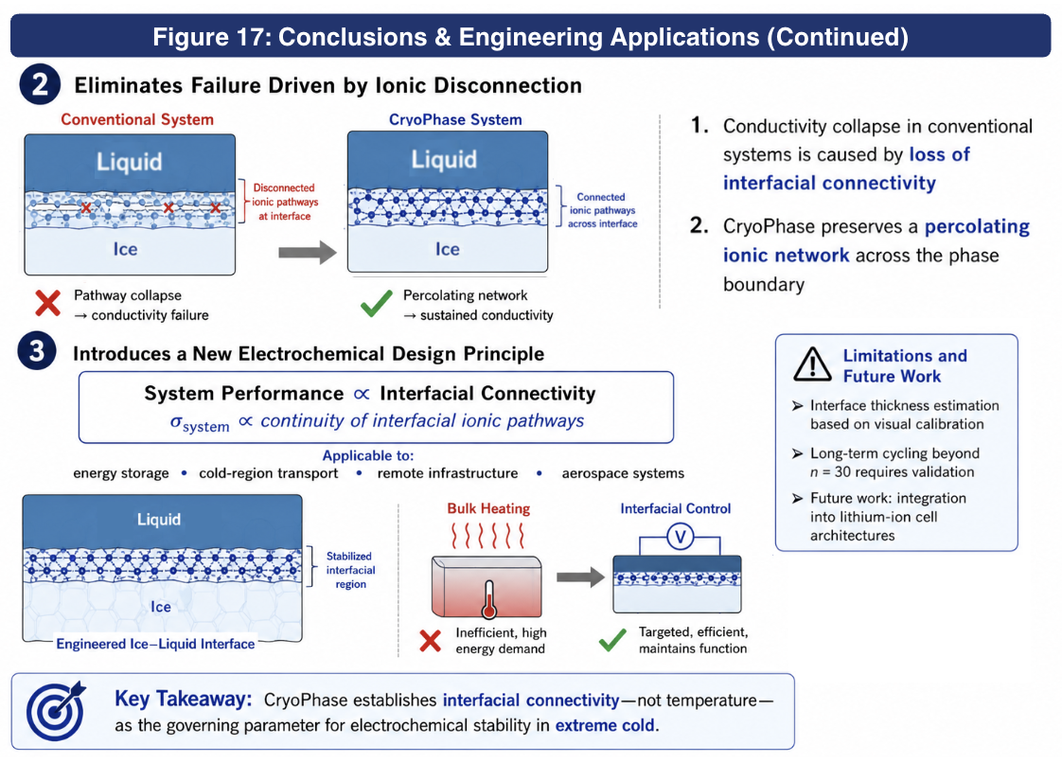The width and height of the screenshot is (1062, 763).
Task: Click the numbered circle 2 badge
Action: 40,84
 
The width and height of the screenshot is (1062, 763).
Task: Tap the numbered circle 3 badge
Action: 37,351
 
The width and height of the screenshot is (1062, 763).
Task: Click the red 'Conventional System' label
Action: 137,119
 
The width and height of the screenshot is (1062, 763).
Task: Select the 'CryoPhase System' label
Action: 455,119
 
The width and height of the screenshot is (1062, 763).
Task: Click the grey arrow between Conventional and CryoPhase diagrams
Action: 308,253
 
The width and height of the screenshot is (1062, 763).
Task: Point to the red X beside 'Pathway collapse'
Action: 48,303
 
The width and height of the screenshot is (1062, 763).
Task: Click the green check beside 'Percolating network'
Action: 377,304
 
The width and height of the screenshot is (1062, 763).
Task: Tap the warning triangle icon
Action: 812,364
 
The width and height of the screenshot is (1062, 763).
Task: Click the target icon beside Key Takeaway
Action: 56,711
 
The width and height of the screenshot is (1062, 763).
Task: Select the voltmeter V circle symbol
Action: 680,538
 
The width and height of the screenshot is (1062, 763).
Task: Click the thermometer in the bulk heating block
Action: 489,599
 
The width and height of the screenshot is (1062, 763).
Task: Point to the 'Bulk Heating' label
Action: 488,508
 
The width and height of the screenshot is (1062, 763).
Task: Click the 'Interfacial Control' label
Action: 675,508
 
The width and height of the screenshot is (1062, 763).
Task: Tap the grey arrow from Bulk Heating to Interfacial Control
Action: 580,577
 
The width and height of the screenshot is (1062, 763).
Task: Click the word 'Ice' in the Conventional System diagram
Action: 125,249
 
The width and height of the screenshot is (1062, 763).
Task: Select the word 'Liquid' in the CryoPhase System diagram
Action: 444,159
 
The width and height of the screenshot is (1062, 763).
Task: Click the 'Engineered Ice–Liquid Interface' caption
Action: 156,644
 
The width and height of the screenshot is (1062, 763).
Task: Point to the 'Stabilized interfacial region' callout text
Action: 350,570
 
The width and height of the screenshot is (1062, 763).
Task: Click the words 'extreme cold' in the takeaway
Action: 606,725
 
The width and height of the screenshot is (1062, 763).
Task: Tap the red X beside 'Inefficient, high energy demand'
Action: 430,640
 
